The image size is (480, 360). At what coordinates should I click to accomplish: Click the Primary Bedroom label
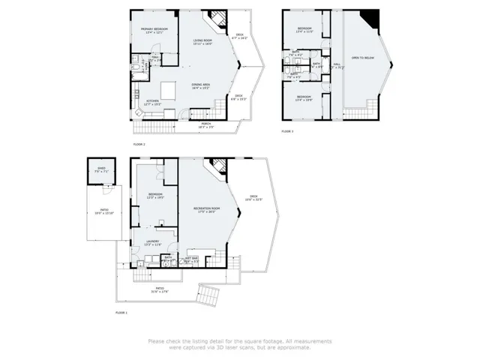(154, 31)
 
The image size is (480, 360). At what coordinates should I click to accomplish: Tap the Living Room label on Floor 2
(203, 42)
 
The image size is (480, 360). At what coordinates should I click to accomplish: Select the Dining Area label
(200, 86)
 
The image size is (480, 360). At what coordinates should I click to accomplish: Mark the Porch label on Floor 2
(205, 125)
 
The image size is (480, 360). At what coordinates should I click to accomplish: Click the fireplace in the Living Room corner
(217, 19)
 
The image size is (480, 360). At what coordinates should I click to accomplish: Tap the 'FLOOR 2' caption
(139, 143)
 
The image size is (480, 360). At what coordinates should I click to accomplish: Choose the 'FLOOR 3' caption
(288, 130)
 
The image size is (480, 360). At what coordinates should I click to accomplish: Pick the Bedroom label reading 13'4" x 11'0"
(304, 31)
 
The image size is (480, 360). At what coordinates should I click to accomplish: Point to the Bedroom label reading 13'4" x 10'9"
(304, 99)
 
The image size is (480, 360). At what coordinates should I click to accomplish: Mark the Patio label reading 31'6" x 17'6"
(159, 290)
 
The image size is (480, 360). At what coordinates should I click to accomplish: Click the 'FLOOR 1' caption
(121, 311)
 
